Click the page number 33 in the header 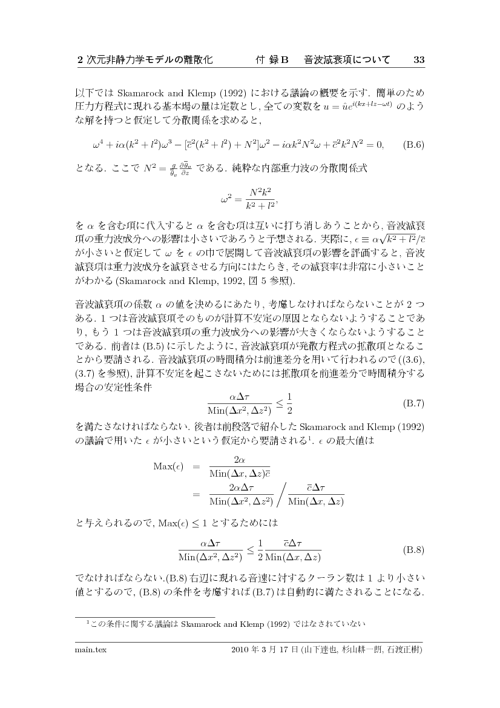(419, 60)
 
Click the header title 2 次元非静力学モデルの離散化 (145, 60)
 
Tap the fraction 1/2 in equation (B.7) (289, 402)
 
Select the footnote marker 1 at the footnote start (88, 621)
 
